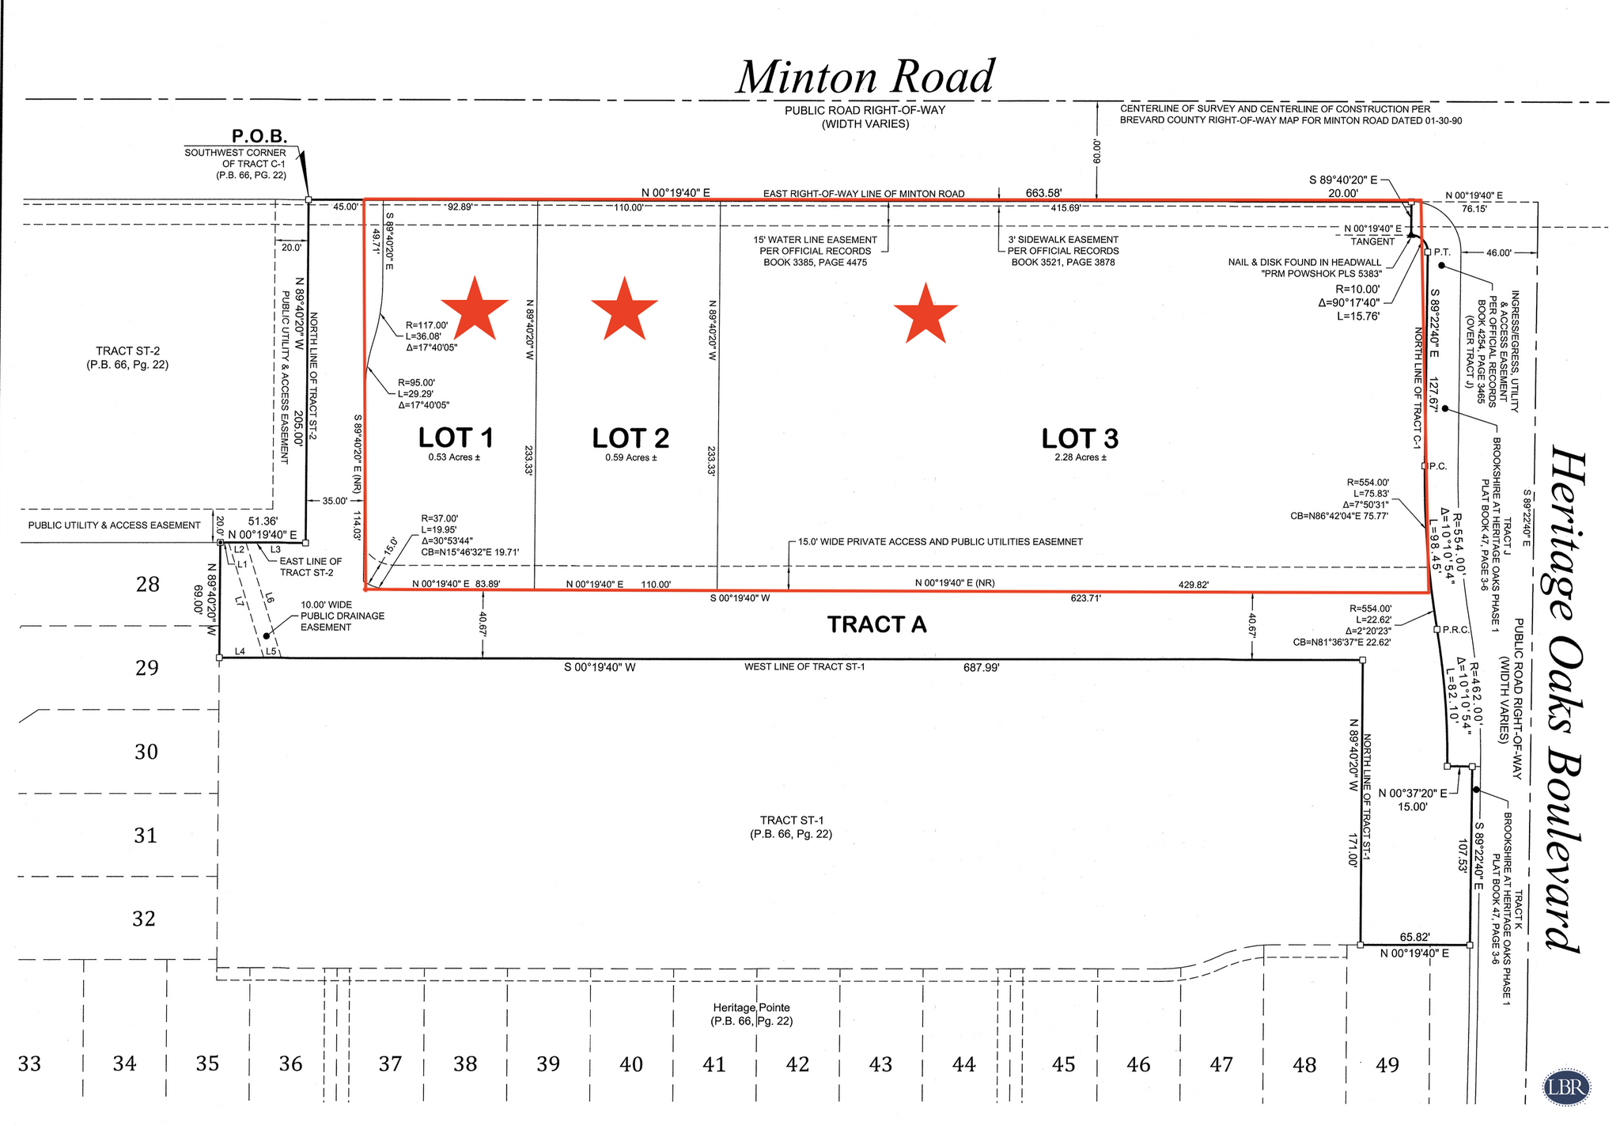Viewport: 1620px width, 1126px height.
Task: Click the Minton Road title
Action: [865, 78]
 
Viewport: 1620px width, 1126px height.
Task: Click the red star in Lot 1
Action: [474, 309]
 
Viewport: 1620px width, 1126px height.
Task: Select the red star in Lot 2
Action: [624, 309]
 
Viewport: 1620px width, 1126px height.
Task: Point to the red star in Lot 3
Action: [925, 314]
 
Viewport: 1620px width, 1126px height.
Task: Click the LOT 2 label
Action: [630, 438]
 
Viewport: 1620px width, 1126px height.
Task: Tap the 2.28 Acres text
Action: [1080, 457]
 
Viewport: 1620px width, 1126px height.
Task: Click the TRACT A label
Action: [876, 625]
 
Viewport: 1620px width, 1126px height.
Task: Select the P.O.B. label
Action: [259, 136]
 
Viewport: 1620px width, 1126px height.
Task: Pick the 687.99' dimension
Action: [981, 668]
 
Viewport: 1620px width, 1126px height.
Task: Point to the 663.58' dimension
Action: [1043, 192]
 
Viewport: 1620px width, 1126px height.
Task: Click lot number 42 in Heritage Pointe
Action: [797, 1064]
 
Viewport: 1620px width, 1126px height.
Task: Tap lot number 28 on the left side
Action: [148, 585]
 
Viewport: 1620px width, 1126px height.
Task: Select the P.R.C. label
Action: [1455, 630]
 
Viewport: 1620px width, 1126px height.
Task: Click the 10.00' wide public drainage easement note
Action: [342, 616]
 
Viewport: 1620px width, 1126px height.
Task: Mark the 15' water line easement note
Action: [815, 251]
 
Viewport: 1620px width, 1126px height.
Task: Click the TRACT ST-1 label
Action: [790, 827]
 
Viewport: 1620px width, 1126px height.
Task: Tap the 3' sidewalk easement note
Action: [1062, 251]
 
